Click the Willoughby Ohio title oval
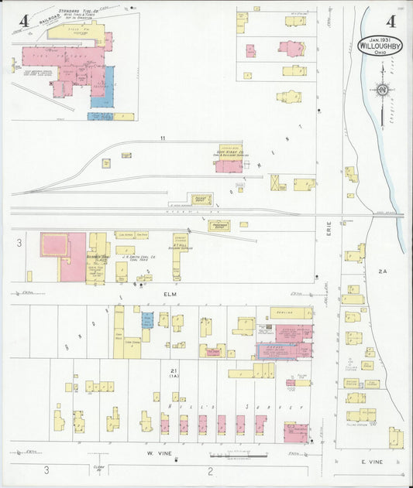(380, 45)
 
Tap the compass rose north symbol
(381, 90)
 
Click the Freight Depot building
(201, 200)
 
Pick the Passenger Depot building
(219, 226)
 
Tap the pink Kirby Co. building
(229, 166)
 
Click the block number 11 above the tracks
(163, 138)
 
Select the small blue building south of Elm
(147, 320)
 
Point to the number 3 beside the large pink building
(18, 243)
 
